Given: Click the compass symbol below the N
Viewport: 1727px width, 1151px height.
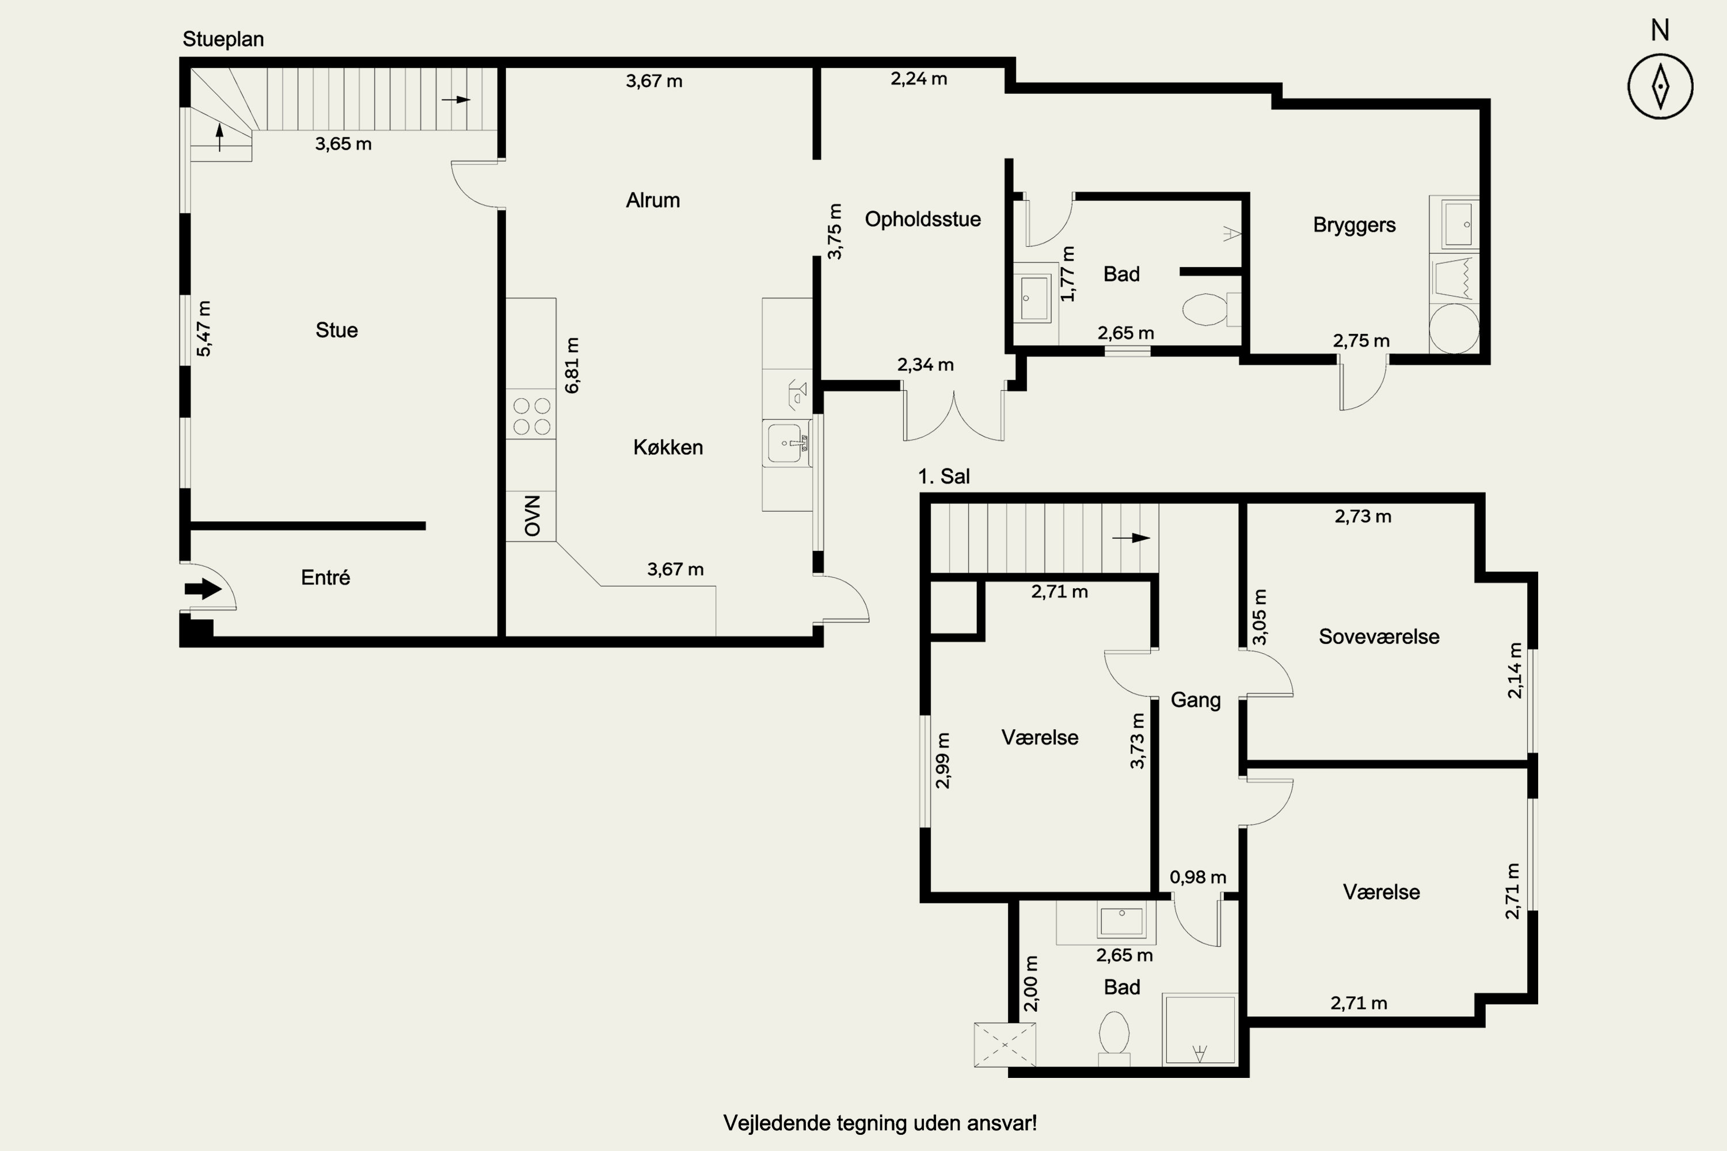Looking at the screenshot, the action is tap(1660, 86).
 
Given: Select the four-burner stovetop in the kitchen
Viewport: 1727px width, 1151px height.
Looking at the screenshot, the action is tap(531, 416).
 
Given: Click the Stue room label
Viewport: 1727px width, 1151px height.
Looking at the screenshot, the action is tap(337, 330).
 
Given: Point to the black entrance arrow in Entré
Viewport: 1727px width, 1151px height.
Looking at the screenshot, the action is tap(203, 588).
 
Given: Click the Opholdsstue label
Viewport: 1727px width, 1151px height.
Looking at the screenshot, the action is tap(923, 219).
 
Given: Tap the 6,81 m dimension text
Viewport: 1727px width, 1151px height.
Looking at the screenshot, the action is tap(572, 365).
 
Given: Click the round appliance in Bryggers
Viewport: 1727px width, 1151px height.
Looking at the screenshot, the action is tap(1454, 328).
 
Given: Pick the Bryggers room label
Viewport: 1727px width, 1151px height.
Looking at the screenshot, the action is tap(1355, 224).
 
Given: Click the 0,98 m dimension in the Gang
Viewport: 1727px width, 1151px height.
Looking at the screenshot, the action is tap(1197, 877).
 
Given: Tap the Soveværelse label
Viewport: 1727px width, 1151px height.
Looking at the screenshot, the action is tap(1379, 637).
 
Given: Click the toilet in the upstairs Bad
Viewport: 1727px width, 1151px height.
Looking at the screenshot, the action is tap(1114, 1038).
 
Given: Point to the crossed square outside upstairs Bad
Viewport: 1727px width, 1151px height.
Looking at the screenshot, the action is tap(1005, 1045).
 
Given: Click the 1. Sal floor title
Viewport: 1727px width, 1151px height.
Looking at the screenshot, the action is tap(944, 477).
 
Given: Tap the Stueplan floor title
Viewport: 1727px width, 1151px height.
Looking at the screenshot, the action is tap(223, 39).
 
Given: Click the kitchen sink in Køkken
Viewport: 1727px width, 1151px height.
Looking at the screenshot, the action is tap(786, 443).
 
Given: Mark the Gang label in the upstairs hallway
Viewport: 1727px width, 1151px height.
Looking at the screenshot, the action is tap(1196, 700).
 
